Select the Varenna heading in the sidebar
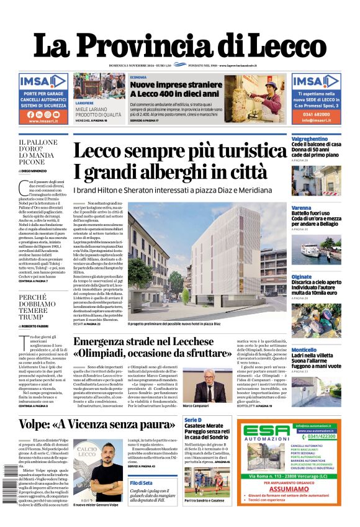click(302, 207)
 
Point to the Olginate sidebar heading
click(302, 277)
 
